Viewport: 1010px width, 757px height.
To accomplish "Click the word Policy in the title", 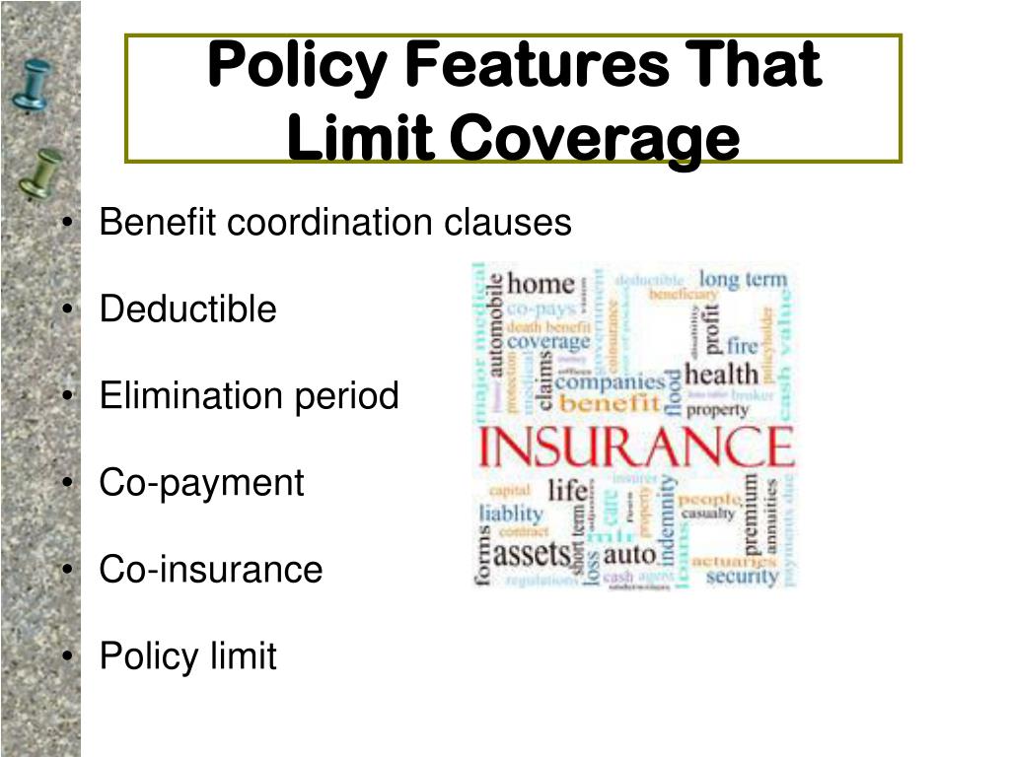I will tap(296, 66).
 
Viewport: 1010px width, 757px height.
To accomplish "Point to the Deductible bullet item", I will tap(187, 310).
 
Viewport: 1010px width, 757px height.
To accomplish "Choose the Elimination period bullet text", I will tap(249, 396).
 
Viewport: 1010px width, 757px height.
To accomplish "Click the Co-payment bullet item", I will tap(201, 483).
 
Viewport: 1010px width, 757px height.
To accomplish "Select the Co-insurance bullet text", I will tap(210, 570).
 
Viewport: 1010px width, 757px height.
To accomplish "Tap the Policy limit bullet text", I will tap(187, 656).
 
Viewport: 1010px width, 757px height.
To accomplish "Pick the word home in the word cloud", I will tap(541, 285).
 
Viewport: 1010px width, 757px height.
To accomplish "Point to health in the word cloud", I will tap(721, 375).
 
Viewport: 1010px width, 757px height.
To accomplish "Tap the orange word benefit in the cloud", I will tap(609, 403).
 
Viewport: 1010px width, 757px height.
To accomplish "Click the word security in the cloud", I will tap(742, 576).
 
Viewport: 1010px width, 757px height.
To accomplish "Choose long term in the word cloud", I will tap(743, 280).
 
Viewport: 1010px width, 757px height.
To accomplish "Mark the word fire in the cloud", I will tap(742, 346).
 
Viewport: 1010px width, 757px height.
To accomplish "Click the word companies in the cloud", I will tap(610, 380).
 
